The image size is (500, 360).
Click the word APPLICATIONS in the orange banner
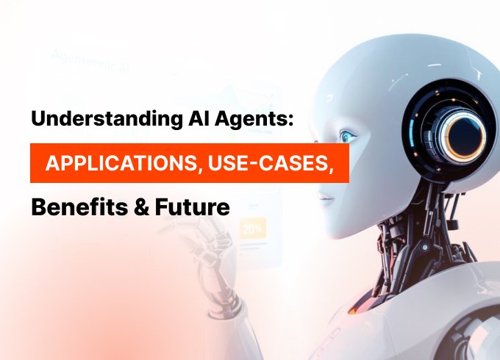tap(120, 164)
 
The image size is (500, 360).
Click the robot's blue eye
tap(348, 137)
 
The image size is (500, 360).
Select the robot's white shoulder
tap(471, 323)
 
